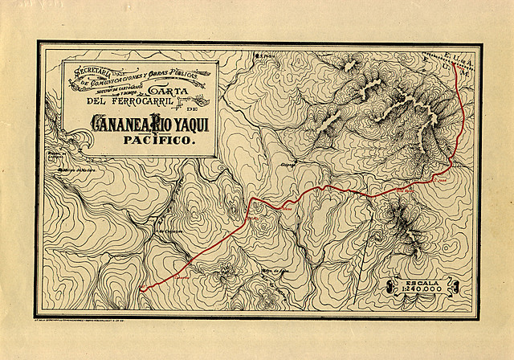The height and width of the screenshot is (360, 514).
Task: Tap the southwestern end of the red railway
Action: pos(141,289)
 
